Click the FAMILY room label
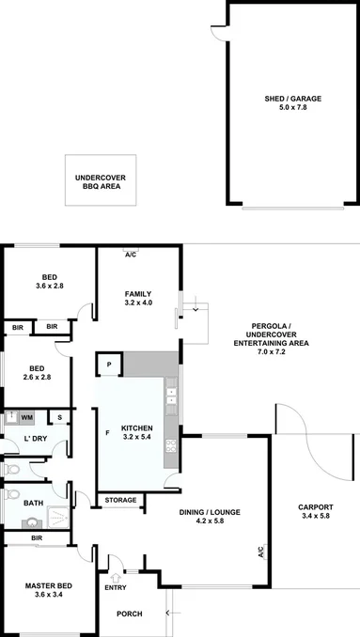tap(138, 294)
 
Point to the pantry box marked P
tap(109, 365)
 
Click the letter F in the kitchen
tap(107, 433)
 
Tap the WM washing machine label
tap(27, 416)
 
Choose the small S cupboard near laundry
tap(59, 416)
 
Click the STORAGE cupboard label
tap(119, 500)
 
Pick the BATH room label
tap(33, 504)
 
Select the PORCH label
tap(129, 614)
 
